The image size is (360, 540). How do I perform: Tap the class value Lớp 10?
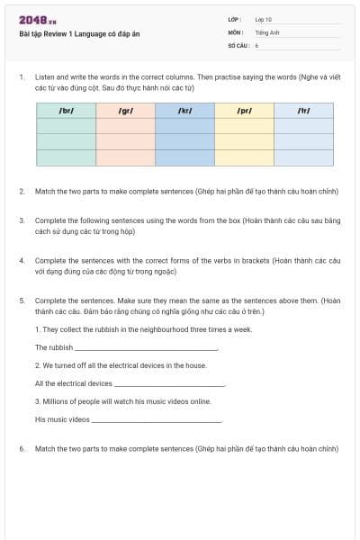click(263, 19)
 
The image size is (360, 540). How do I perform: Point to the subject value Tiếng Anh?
click(266, 31)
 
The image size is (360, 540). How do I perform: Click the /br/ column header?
click(66, 111)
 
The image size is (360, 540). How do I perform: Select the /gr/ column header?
click(125, 111)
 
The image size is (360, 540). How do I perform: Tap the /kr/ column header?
click(184, 111)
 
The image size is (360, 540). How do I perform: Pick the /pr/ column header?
click(244, 111)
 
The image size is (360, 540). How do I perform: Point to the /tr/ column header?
click(303, 111)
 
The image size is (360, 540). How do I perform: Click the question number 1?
click(22, 77)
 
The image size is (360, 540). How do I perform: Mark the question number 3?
click(22, 220)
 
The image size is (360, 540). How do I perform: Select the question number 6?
click(22, 447)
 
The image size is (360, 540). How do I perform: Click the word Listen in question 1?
click(44, 77)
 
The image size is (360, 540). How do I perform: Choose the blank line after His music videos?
click(157, 420)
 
